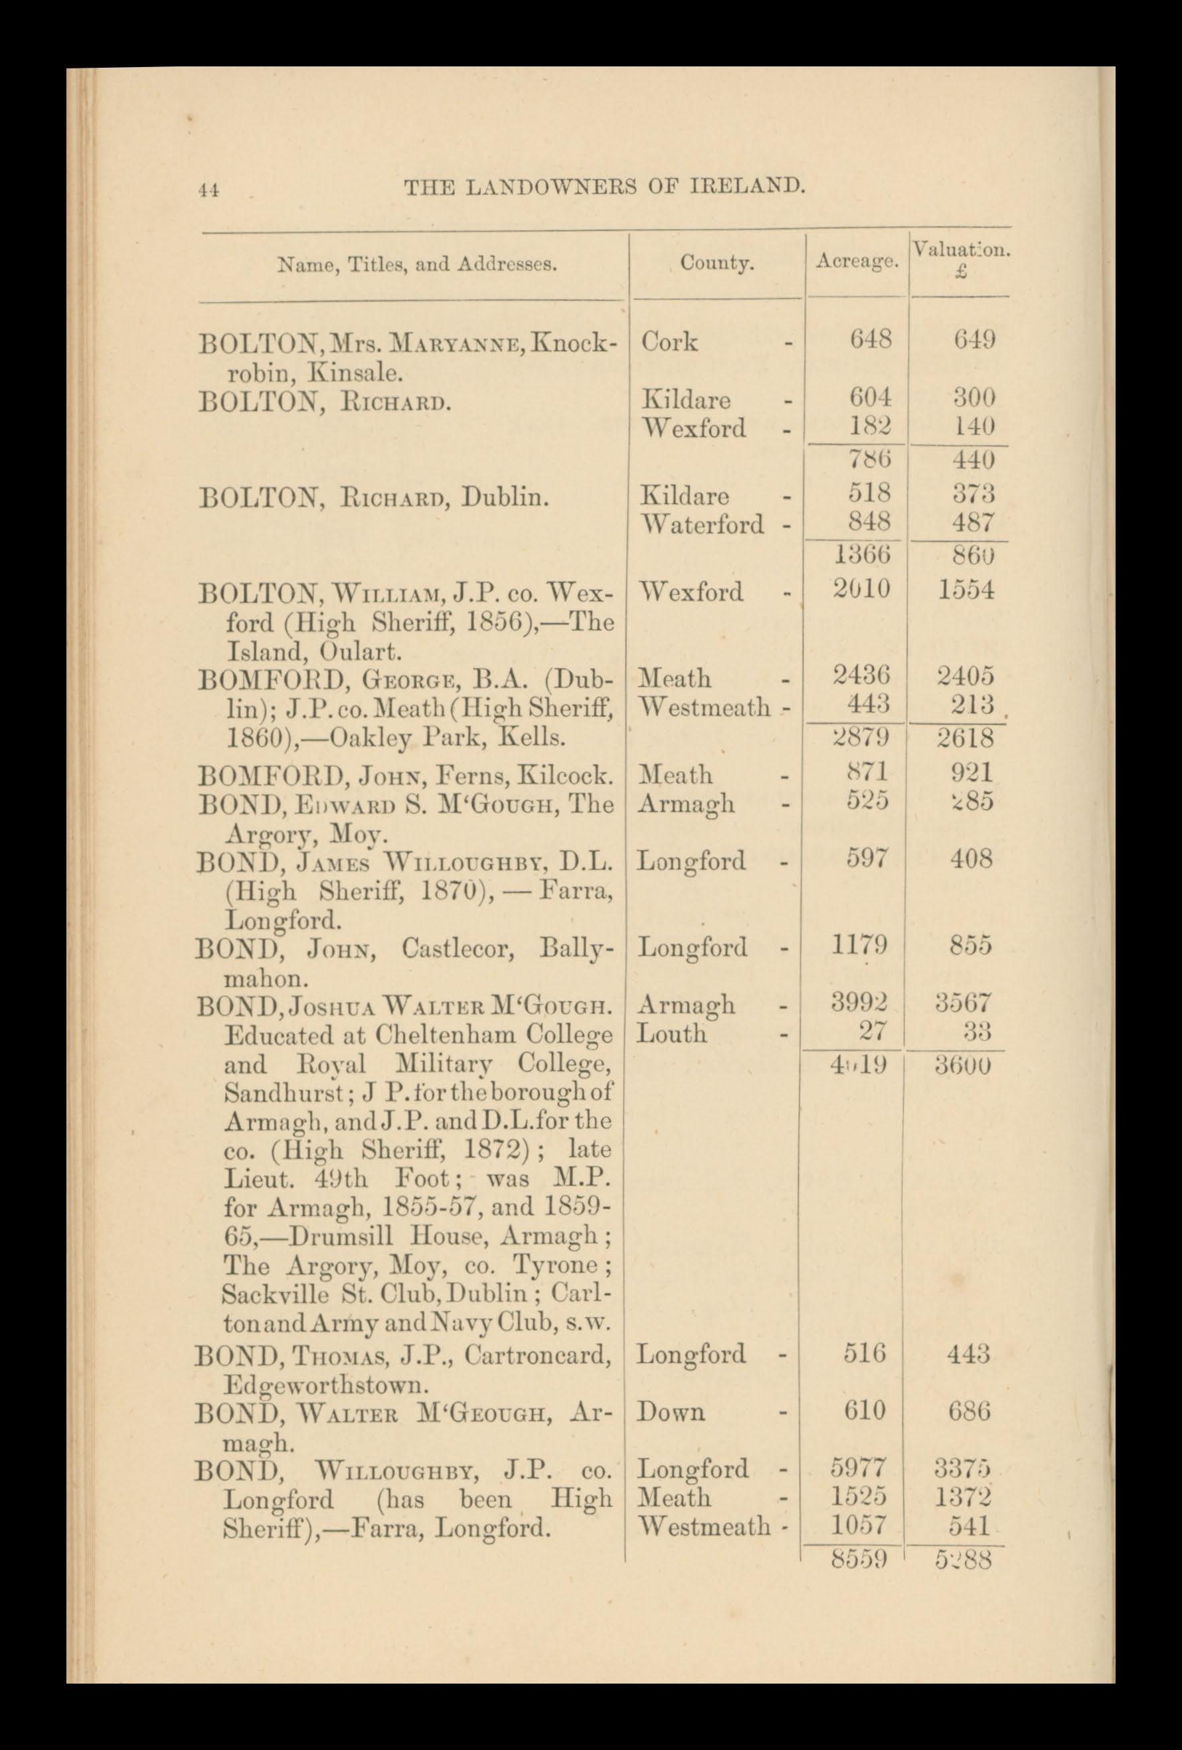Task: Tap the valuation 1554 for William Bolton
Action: [966, 591]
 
